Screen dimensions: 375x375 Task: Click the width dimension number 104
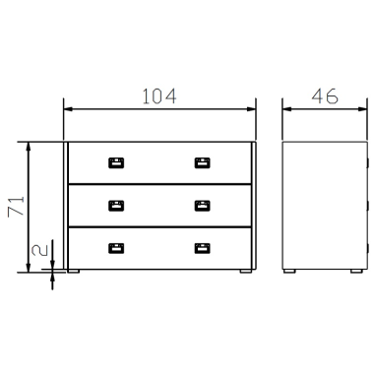point(158,96)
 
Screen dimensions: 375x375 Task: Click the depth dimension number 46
point(325,96)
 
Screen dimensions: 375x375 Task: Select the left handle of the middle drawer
point(116,206)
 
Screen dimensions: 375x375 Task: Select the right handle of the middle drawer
point(202,206)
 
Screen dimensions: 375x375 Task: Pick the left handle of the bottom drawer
point(116,248)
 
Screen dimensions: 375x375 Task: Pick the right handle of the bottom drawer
point(202,248)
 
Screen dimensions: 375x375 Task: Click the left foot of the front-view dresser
point(75,271)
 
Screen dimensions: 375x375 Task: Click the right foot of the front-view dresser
point(244,271)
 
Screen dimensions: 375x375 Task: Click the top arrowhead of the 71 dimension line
point(31,146)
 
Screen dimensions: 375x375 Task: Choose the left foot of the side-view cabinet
point(292,271)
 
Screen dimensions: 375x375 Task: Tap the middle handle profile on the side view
point(367,206)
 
